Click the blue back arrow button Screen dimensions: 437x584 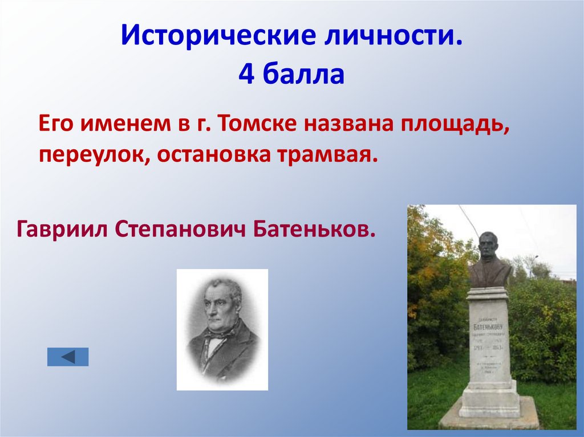[x=68, y=357]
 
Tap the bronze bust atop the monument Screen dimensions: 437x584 [x=489, y=260]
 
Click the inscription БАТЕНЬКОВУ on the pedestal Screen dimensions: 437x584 [x=489, y=328]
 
